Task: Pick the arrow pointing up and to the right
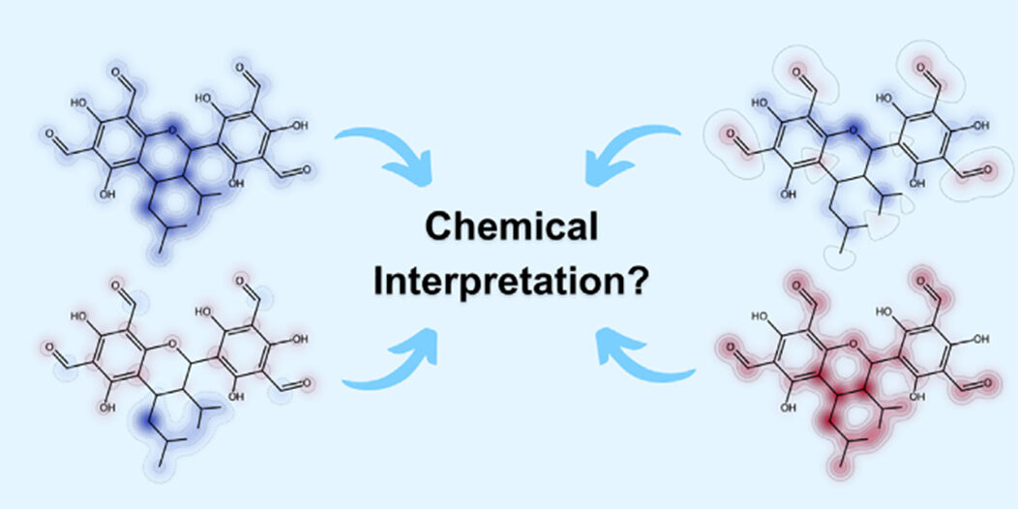390,359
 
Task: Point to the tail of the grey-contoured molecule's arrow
679,132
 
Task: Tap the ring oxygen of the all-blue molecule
172,131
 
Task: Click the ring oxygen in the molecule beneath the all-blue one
172,343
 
